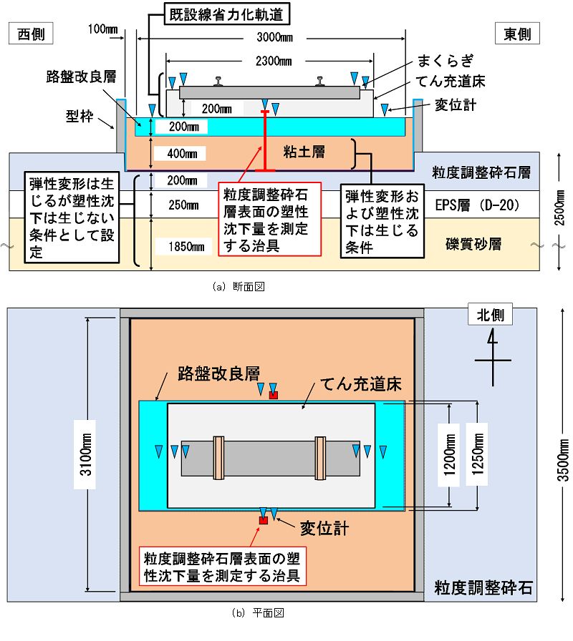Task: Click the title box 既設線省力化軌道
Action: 227,14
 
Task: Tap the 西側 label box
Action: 31,34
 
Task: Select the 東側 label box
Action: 517,34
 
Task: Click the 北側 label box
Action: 491,315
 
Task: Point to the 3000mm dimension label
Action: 274,38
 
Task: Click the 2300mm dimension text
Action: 274,62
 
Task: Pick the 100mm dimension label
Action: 102,29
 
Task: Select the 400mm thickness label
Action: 182,154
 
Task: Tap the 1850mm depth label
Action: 186,247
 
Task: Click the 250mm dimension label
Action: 183,205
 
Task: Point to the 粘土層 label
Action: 304,152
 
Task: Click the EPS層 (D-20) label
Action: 477,205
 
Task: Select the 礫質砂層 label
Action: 473,244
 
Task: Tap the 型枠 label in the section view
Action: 80,117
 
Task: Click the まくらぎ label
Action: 446,61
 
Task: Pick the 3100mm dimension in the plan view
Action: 85,454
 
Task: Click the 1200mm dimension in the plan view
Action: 449,454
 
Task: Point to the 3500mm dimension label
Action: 563,460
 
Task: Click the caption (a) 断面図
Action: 239,287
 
